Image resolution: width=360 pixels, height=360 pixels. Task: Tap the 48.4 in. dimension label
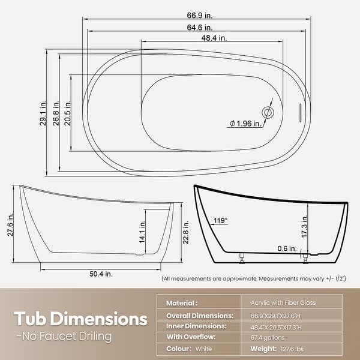214,38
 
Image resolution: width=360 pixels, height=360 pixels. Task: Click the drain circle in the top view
268,112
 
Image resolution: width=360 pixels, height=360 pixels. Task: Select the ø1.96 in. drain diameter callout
245,124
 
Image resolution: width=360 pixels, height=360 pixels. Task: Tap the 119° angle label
220,221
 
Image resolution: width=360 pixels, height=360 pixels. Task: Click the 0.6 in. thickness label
286,248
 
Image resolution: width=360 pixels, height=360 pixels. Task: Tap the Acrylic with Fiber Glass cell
279,304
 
